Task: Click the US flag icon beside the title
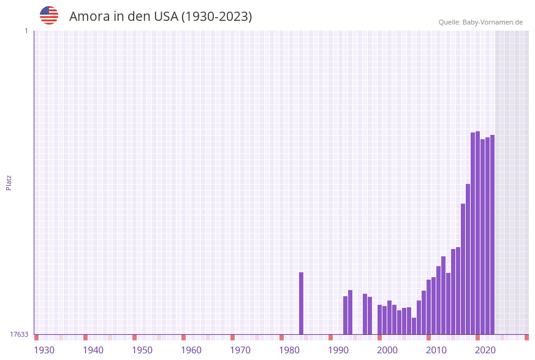click(x=49, y=15)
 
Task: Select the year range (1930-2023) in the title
click(x=216, y=17)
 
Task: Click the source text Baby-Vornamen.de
click(x=492, y=22)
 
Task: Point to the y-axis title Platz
click(x=9, y=182)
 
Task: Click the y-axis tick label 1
click(x=26, y=31)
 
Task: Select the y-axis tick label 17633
click(x=19, y=334)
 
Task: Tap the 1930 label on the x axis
click(x=44, y=350)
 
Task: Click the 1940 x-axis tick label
click(x=93, y=350)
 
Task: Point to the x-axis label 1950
click(x=142, y=350)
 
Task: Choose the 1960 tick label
click(x=191, y=350)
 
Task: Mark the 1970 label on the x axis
click(x=240, y=350)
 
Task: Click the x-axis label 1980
click(x=289, y=350)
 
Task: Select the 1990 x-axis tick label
click(x=338, y=350)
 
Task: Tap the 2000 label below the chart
click(x=387, y=350)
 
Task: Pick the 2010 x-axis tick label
click(x=436, y=350)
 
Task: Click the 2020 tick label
click(x=485, y=350)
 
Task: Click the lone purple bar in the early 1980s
click(x=301, y=304)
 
